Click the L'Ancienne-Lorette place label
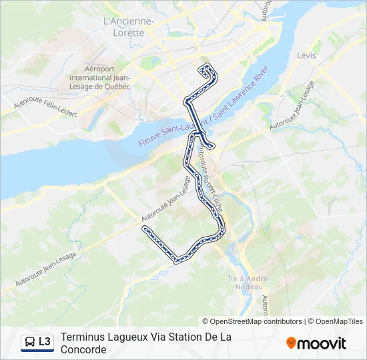click(129, 27)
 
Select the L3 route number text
click(45, 342)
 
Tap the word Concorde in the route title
click(83, 349)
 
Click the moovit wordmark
click(322, 343)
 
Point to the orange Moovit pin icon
click(291, 343)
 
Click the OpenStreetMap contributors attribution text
click(252, 321)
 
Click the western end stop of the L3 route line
click(145, 229)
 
